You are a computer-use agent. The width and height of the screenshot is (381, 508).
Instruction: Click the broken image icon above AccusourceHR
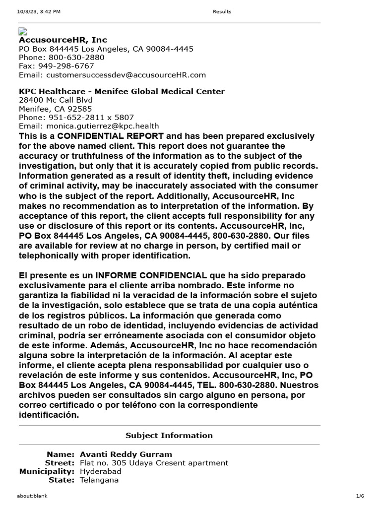[x=23, y=31]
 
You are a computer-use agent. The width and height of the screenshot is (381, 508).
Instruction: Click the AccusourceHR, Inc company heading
[x=63, y=40]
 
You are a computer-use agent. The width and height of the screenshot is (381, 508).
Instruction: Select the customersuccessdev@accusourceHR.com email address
[x=126, y=75]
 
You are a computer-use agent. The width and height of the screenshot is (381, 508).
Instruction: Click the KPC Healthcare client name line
[x=122, y=91]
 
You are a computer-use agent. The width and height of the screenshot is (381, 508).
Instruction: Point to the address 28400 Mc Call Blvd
[x=56, y=100]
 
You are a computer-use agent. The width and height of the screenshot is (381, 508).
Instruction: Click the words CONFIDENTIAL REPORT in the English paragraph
[x=110, y=136]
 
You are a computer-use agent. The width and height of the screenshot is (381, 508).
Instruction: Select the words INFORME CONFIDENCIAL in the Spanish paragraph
[x=151, y=275]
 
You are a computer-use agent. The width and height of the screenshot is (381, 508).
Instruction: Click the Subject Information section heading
[x=169, y=436]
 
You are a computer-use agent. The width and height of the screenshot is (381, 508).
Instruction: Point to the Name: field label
[x=60, y=454]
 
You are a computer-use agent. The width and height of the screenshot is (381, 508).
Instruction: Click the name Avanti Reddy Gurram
[x=126, y=454]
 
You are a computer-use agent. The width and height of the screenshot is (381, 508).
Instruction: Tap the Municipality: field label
[x=47, y=471]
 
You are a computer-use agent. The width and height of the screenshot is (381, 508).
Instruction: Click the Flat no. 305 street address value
[x=154, y=463]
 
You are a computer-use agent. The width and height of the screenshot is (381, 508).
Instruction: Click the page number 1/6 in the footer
[x=360, y=496]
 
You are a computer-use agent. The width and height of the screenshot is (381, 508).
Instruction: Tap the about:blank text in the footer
[x=32, y=496]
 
